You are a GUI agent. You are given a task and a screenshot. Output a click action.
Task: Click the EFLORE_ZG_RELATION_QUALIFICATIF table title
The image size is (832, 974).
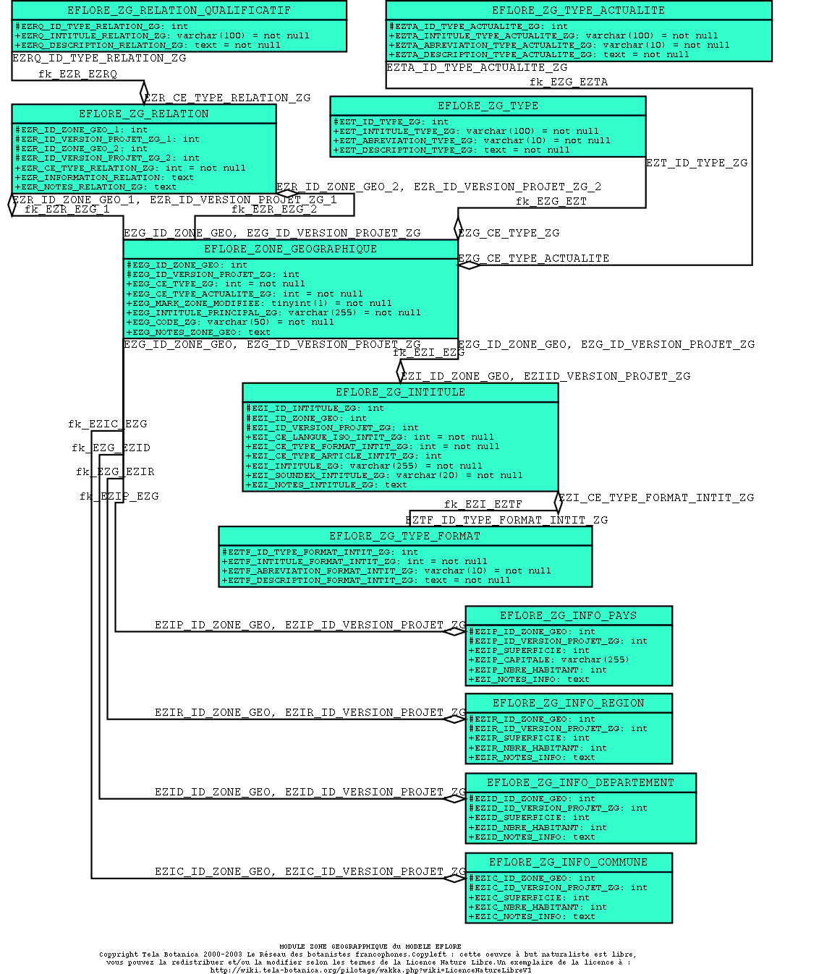pos(179,10)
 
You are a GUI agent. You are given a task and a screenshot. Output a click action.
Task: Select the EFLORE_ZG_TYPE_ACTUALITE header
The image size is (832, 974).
pos(578,10)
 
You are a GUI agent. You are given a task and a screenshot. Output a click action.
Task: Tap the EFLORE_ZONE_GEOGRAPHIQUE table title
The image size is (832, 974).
pos(290,249)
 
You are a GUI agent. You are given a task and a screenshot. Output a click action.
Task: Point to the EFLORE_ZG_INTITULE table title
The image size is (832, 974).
pos(400,392)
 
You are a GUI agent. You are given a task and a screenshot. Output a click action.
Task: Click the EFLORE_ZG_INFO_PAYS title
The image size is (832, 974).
pos(568,615)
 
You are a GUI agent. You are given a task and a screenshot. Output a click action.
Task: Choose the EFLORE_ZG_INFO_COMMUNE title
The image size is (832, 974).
pos(568,862)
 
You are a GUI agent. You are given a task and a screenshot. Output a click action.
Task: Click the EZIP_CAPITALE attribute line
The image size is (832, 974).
pos(549,659)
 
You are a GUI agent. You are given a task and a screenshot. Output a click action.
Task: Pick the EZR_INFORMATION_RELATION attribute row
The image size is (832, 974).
pos(104,177)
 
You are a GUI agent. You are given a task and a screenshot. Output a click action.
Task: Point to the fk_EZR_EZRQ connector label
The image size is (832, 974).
pos(77,74)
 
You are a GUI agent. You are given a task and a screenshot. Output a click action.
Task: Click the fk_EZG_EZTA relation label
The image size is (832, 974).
pos(569,82)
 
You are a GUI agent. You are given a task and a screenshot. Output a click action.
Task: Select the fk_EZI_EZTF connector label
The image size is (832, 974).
pos(483,504)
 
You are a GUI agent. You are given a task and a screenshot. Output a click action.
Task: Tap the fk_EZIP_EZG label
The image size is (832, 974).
pos(119,496)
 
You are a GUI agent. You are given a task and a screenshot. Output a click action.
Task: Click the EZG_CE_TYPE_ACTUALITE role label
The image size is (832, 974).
pos(533,258)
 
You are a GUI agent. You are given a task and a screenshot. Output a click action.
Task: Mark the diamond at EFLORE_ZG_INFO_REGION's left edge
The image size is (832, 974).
pos(454,719)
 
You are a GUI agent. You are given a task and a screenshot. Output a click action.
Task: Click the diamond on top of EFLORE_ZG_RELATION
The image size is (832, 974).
pos(144,93)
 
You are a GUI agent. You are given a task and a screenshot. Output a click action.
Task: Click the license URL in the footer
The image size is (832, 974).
pos(370,970)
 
